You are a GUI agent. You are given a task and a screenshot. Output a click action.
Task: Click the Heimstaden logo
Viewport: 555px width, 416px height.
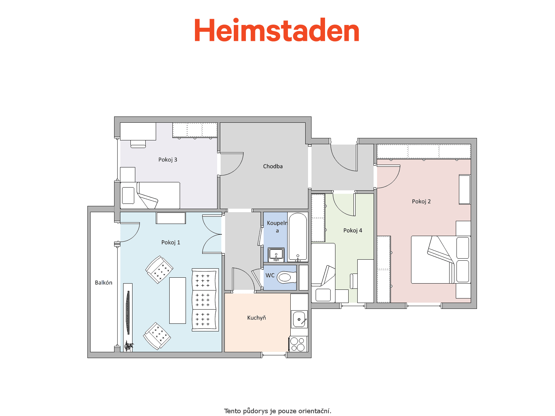point(276,30)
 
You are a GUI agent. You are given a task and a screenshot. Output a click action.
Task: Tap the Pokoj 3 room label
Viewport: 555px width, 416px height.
point(168,159)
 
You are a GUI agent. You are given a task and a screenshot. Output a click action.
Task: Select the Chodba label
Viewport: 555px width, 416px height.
point(273,166)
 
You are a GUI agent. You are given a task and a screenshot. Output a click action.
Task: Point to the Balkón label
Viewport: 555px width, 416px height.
point(103,283)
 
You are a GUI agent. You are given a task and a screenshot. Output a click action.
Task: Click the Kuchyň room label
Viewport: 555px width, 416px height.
point(256,318)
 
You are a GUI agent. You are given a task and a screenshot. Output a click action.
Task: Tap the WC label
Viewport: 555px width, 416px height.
point(270,275)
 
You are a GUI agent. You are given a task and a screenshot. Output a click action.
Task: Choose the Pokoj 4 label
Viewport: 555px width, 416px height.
point(352,230)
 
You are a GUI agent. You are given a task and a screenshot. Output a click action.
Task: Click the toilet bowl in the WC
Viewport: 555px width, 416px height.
point(287,277)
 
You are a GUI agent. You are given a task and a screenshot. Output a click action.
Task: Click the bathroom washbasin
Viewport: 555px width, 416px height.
point(276,254)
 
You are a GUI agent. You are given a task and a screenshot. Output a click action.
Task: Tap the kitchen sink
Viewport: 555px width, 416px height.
point(300,319)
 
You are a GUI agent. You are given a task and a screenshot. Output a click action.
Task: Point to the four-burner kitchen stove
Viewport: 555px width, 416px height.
point(298,344)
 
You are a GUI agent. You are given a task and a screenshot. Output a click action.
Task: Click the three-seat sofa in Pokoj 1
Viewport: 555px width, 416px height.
point(205,300)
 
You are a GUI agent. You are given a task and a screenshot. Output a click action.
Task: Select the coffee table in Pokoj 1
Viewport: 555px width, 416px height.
point(178,301)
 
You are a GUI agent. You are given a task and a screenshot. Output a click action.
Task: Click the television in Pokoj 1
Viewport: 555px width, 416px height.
point(128,313)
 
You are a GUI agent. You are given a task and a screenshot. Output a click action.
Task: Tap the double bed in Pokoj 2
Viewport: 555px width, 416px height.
point(441,260)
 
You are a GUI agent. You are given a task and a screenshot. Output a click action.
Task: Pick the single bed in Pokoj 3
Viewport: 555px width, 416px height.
point(150,195)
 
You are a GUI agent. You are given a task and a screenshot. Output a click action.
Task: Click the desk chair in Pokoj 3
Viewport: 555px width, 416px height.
point(138,144)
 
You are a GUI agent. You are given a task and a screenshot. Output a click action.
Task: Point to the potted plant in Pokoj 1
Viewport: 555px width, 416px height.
point(128,346)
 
